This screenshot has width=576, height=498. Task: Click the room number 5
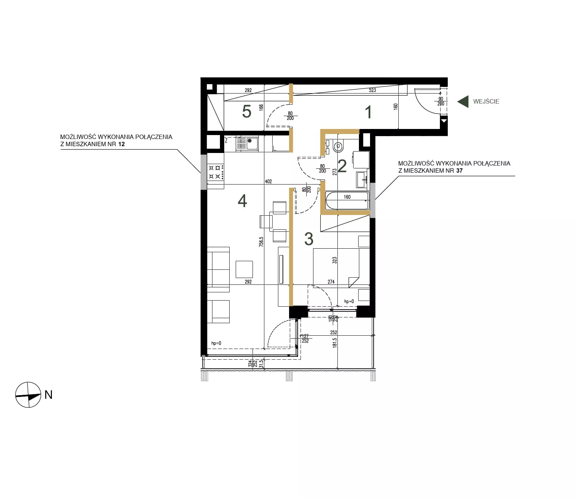(246, 111)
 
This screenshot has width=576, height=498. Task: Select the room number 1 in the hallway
(368, 112)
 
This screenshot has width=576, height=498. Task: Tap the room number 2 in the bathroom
(342, 166)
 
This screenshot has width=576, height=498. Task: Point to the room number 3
(309, 239)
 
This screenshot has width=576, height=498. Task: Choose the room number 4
(243, 201)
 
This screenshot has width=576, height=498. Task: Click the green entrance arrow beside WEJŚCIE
(463, 101)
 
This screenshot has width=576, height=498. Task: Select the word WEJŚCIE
(486, 101)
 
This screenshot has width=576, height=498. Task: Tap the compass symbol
(28, 395)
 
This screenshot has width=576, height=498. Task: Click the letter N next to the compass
(49, 395)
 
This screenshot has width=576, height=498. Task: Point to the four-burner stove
(216, 171)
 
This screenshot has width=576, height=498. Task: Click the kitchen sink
(247, 144)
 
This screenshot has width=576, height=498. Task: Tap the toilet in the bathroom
(338, 146)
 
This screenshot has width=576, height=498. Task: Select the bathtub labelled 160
(347, 201)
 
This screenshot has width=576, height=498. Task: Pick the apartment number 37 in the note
(459, 171)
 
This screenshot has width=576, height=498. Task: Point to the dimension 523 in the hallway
(373, 90)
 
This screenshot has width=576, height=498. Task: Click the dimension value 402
(268, 181)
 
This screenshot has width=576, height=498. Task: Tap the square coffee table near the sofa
(244, 269)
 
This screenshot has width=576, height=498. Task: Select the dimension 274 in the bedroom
(331, 282)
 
